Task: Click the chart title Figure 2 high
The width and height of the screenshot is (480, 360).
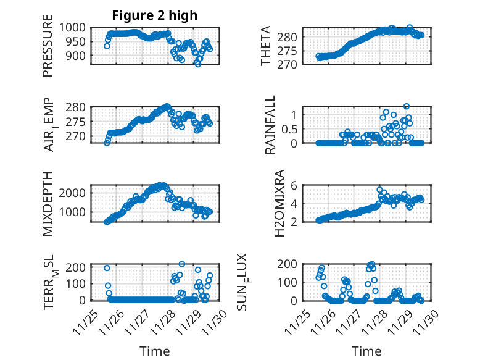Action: (x=154, y=16)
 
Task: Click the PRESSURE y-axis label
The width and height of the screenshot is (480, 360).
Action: (x=48, y=50)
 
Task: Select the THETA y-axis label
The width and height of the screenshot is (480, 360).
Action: (x=266, y=46)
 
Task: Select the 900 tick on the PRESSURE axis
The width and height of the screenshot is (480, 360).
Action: (x=78, y=56)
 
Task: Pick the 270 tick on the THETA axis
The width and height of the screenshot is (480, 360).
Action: (x=292, y=64)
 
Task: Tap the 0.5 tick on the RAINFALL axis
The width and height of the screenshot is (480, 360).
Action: (x=292, y=129)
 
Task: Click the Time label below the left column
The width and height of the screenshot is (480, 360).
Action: (x=154, y=351)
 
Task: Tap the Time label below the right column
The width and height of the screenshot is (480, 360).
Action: (x=366, y=351)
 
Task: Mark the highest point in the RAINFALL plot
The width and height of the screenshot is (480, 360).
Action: (x=407, y=106)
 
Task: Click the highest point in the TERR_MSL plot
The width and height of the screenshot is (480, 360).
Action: (x=182, y=264)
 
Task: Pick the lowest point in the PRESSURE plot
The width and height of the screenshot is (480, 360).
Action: (x=197, y=64)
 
